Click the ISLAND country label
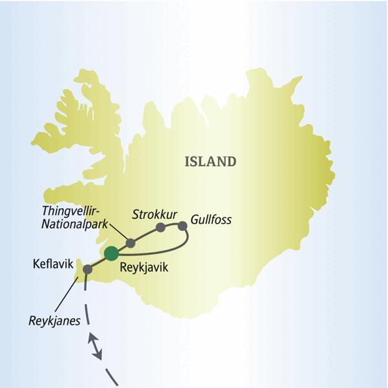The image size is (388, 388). [x=210, y=162]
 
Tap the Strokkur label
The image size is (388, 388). [x=151, y=213]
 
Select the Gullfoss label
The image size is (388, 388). [x=211, y=220]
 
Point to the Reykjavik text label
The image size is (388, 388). [x=144, y=265]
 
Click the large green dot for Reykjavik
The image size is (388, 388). [x=112, y=253]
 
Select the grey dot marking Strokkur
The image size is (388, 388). [x=160, y=227]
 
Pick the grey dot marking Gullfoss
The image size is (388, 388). [x=182, y=226]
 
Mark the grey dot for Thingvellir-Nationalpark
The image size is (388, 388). [x=130, y=242]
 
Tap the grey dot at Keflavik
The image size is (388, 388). [x=87, y=268]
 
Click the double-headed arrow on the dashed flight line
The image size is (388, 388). [x=96, y=345]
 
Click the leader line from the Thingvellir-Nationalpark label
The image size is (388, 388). [x=118, y=232]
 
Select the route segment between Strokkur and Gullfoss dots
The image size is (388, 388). [x=171, y=225]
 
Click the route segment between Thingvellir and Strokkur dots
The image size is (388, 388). [x=145, y=233]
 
